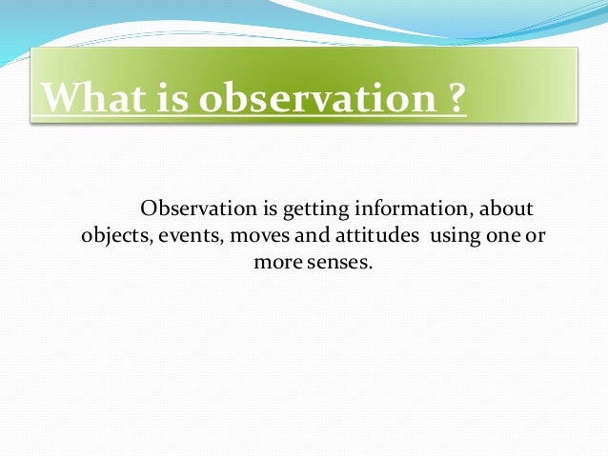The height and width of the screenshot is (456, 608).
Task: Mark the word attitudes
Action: [365, 235]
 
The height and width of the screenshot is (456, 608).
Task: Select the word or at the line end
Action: [537, 235]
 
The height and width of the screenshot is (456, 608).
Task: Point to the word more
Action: [277, 261]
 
